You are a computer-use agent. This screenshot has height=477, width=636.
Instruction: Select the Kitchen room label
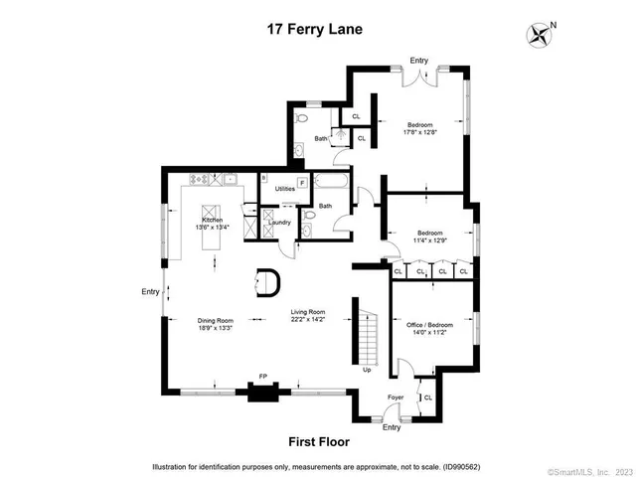[x=213, y=220]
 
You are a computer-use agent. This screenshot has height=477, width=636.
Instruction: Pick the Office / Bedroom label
[x=430, y=324]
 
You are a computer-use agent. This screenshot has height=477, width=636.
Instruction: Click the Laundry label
[x=279, y=223]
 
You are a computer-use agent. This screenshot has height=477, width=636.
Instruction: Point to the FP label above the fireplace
[x=263, y=376]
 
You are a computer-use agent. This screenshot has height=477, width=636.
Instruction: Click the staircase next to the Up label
[x=369, y=337]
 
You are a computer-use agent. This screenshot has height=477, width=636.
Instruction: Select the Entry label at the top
[x=418, y=61]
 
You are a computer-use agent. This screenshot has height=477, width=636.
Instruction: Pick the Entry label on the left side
[x=150, y=291]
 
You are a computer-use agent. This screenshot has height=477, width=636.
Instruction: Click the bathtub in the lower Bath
[x=327, y=184]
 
